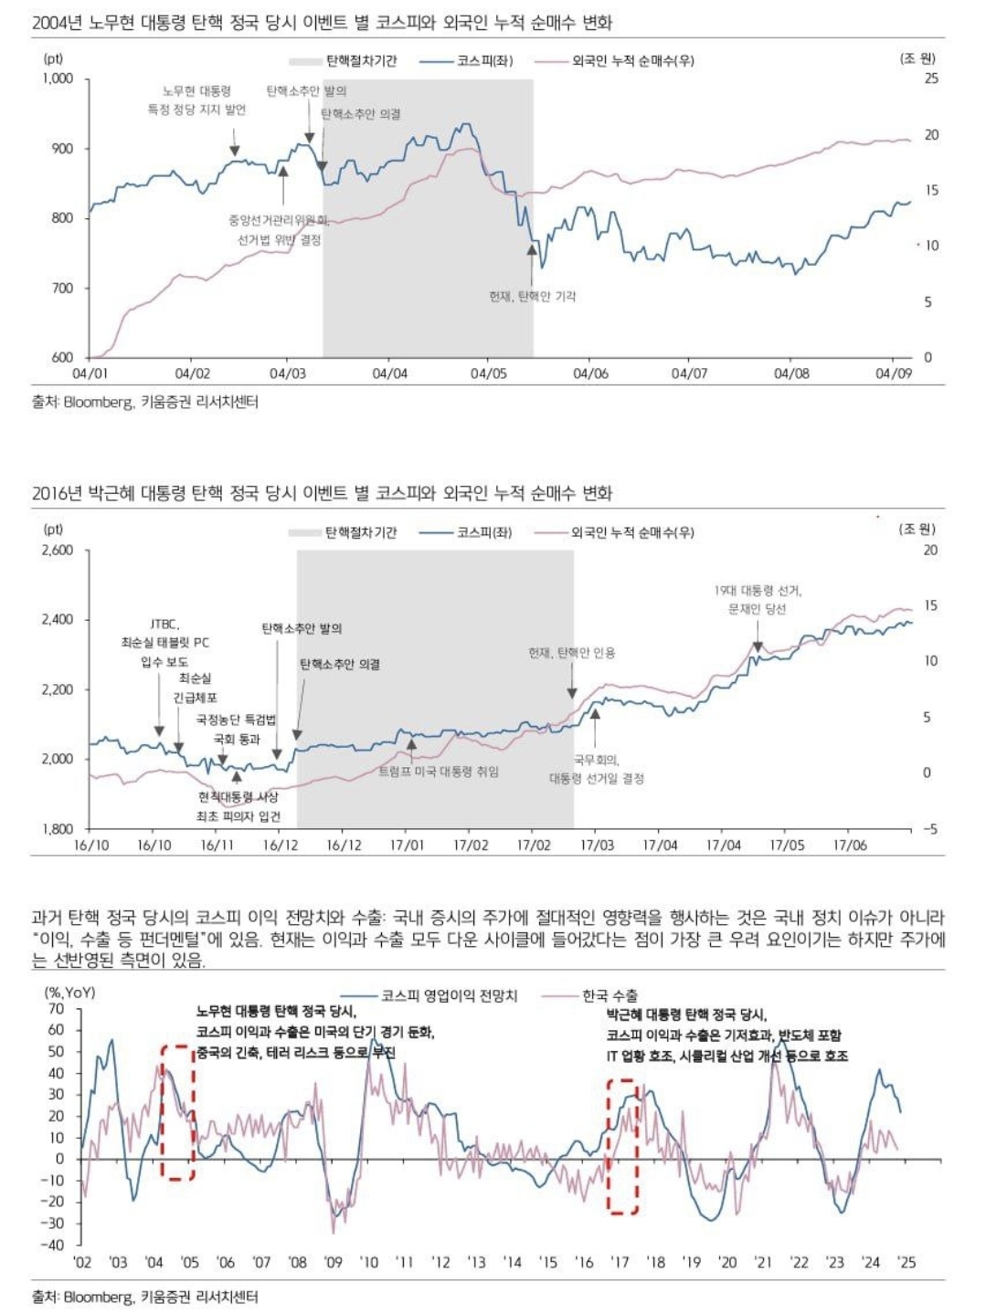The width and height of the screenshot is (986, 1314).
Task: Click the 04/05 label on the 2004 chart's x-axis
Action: coord(488,373)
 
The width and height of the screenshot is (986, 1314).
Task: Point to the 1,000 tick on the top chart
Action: coord(58,79)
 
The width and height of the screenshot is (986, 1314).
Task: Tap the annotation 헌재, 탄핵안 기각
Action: coord(532,296)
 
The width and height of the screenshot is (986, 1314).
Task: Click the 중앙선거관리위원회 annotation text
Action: coord(279,220)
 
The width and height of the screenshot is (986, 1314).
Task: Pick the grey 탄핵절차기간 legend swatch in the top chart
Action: coord(306,61)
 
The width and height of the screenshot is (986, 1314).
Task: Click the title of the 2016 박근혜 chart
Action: coord(322,493)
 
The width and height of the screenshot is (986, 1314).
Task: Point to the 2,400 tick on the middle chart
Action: coord(58,619)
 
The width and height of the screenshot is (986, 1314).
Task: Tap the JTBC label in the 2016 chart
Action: coord(164,624)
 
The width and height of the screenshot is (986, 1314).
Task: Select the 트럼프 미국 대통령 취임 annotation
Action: coord(439,772)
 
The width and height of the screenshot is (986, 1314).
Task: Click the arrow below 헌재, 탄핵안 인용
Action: coord(572,680)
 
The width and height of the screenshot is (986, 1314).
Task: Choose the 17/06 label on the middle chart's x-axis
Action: coord(849,846)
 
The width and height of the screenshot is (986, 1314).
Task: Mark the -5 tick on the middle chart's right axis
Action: coord(929,829)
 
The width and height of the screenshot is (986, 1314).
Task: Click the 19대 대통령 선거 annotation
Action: coord(758,591)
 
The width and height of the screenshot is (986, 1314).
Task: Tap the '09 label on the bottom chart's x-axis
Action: coord(334,1262)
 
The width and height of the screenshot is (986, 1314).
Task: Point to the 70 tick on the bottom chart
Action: coord(57,1009)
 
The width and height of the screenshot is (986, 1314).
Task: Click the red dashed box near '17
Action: coord(622,1147)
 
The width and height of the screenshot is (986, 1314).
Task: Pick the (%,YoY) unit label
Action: coord(69,991)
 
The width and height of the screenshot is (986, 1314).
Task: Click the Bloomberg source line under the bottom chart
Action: coord(145,1296)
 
